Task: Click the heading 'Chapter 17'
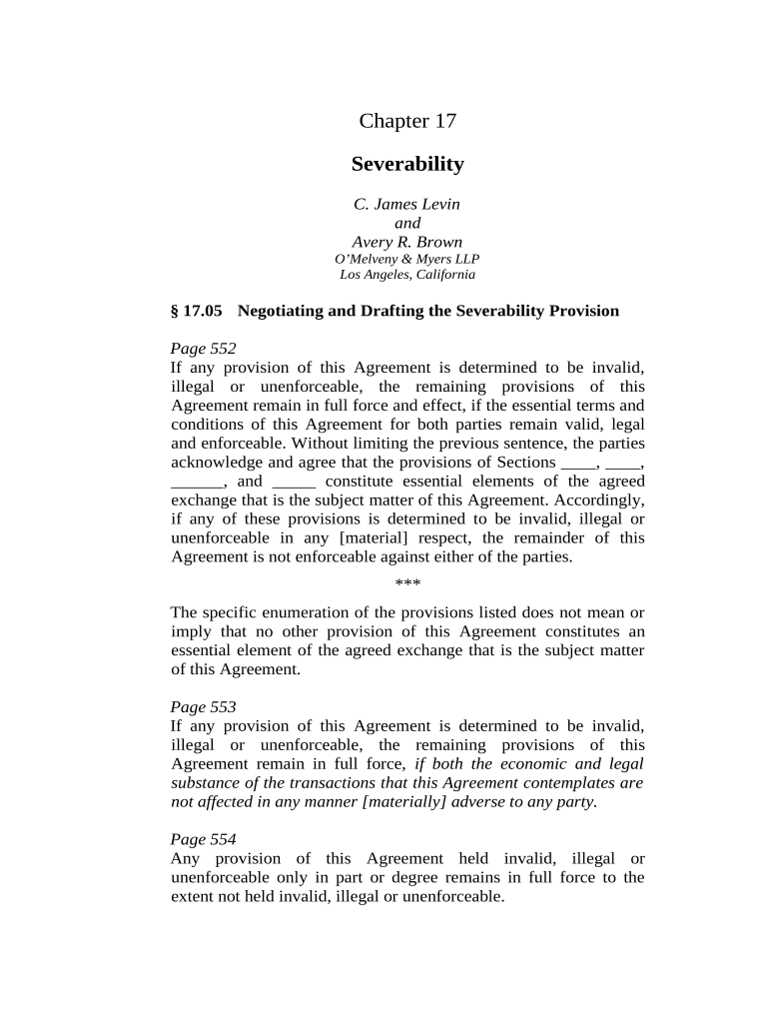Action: point(407,121)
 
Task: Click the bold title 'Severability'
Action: point(407,164)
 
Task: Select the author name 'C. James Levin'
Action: point(407,204)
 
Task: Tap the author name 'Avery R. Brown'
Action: point(407,242)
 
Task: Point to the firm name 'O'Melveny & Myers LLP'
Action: point(407,259)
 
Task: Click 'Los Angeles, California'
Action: point(407,275)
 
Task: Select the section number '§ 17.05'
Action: point(196,311)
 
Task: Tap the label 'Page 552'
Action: point(204,349)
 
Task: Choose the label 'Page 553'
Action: point(204,707)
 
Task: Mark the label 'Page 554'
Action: point(204,840)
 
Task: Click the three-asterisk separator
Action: point(407,583)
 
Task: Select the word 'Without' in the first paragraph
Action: point(292,443)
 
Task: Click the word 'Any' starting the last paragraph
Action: point(185,859)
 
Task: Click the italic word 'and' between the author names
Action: point(407,223)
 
